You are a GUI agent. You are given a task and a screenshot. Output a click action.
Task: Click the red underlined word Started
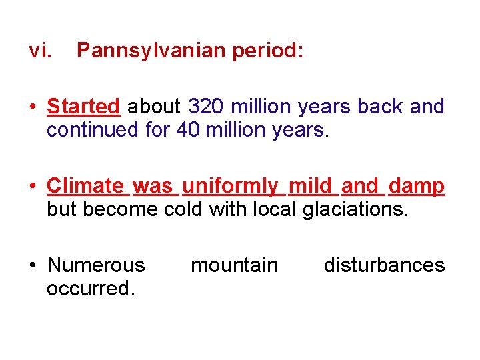[83, 107]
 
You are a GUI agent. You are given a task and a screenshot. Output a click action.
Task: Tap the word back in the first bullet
[380, 107]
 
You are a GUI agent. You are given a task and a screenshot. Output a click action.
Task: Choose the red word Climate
[85, 186]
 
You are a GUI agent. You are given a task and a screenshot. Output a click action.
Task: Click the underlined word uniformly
[230, 186]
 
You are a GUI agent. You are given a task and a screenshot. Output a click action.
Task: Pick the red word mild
[310, 186]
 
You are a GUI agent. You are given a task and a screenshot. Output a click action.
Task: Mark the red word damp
[417, 186]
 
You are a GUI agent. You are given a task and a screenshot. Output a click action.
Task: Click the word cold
[183, 209]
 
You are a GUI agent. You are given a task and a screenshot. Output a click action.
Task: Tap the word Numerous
[96, 265]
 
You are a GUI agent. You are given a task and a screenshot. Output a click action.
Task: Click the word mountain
[234, 265]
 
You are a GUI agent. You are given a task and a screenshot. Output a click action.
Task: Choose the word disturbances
[384, 265]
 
